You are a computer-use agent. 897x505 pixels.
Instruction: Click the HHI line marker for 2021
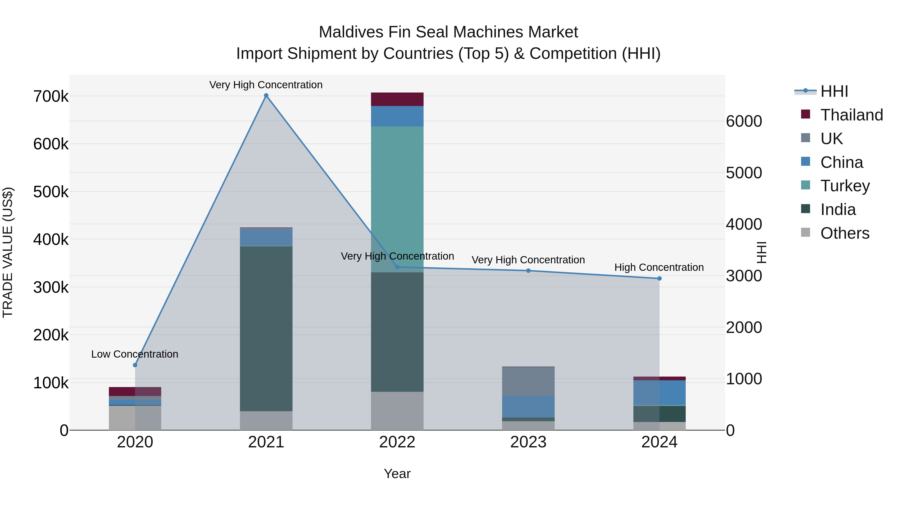266,96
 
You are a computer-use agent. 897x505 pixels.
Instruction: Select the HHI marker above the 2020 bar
135,365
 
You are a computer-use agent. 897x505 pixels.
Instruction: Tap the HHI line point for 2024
659,279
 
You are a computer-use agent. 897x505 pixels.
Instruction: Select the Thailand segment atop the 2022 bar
397,99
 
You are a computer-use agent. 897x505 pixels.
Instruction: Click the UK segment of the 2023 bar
528,381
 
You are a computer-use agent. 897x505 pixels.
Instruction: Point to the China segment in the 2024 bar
659,393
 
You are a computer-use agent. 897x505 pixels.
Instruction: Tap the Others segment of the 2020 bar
135,417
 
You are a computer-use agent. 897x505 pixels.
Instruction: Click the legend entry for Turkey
845,186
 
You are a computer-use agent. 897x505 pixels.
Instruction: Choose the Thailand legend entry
851,115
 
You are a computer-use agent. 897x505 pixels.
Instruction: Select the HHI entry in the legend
834,91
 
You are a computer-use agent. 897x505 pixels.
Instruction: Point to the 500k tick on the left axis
51,192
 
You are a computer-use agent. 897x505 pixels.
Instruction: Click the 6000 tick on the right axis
744,121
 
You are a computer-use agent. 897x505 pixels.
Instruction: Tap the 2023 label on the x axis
528,442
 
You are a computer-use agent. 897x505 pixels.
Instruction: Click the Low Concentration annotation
135,354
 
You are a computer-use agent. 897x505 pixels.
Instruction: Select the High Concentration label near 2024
659,267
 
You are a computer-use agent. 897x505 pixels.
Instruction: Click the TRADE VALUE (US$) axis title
8,252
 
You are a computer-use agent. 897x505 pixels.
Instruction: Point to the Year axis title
397,474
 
